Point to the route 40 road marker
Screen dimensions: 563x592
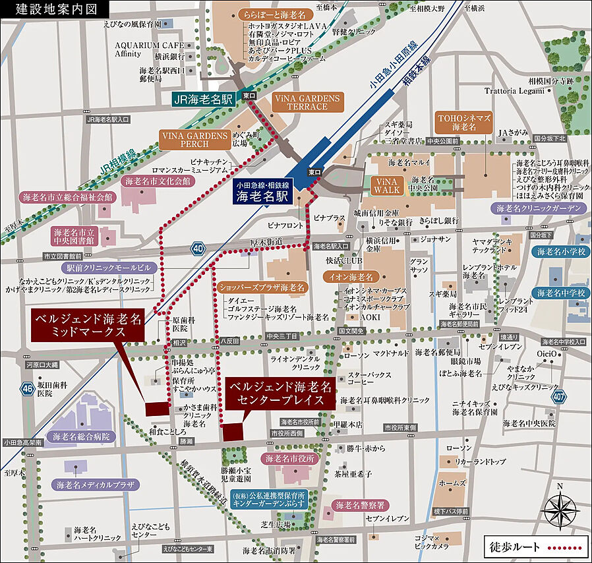click(x=198, y=249)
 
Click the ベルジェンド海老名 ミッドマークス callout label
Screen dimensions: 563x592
click(x=89, y=325)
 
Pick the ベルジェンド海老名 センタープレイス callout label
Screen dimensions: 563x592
click(x=276, y=393)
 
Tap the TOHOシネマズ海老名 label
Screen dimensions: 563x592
click(x=464, y=121)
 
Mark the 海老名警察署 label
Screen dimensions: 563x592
click(x=361, y=505)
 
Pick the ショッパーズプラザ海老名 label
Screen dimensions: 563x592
click(x=262, y=287)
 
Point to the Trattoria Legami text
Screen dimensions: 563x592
click(x=516, y=90)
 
